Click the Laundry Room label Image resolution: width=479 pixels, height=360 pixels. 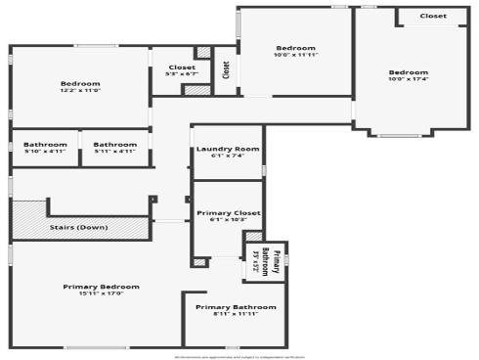(x=227, y=149)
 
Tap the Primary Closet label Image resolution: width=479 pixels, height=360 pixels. (x=228, y=212)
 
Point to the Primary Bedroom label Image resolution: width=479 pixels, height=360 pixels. (x=101, y=287)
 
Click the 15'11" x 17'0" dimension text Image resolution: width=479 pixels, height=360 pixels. (x=101, y=293)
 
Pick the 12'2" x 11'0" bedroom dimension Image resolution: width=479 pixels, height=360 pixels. (x=81, y=90)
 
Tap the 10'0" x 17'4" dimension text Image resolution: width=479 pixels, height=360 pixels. (x=408, y=79)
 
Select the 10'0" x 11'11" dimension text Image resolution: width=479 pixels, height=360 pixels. (x=295, y=55)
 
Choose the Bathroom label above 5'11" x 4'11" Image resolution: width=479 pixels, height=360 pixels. (x=114, y=145)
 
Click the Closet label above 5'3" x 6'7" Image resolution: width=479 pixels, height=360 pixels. (x=182, y=67)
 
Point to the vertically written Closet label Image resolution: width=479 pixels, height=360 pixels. (x=226, y=70)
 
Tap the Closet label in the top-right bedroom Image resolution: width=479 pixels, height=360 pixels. (x=433, y=16)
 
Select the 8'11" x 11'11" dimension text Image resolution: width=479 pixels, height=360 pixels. (x=235, y=314)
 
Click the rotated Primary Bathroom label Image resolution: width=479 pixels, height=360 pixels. (x=277, y=263)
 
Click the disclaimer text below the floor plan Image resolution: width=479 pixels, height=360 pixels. (x=239, y=356)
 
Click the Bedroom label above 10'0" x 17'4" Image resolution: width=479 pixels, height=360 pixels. (x=408, y=72)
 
